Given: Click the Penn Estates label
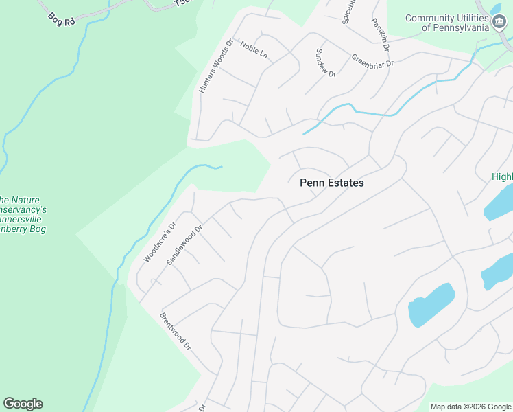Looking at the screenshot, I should coord(332,183).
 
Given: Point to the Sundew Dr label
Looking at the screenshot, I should coord(325,63).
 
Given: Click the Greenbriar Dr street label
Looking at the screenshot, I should coord(374,61).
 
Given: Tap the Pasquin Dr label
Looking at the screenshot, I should coord(381,36).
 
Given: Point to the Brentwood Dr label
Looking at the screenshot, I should coord(175,332).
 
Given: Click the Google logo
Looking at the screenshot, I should coord(23,404).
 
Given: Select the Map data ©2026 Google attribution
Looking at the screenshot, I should coord(470,407).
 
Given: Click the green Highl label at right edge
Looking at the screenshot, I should coord(502,177).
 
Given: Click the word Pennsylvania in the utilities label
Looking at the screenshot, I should coord(461,27).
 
